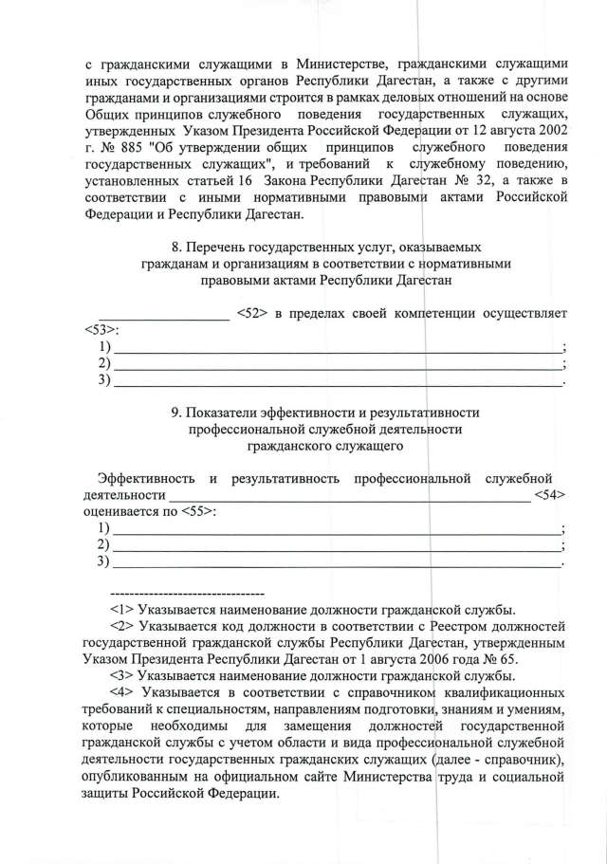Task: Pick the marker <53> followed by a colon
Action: pyautogui.click(x=99, y=330)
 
